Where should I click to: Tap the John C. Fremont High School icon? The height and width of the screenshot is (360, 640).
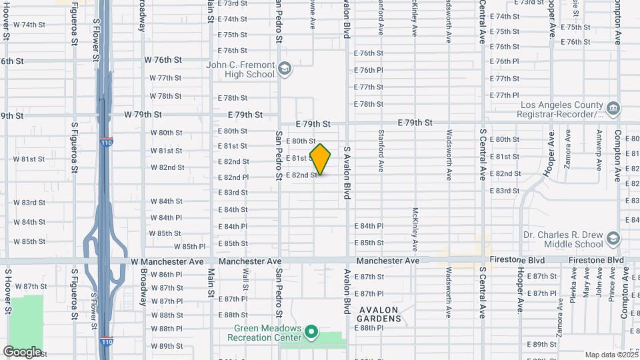285,69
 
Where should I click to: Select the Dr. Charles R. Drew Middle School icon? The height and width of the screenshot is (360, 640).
613,239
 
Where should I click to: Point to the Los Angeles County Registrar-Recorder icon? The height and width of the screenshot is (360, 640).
613,108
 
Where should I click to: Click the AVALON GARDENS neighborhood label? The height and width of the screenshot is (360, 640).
379,314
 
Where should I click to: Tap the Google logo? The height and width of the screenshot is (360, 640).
22,351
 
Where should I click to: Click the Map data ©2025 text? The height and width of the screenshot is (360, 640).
611,355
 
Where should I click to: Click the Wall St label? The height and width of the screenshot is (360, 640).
245,279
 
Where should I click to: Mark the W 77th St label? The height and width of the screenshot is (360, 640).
166,78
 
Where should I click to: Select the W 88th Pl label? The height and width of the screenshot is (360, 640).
167,329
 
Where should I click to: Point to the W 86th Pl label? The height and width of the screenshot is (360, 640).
167,275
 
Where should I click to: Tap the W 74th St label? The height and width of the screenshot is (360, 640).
33,25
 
